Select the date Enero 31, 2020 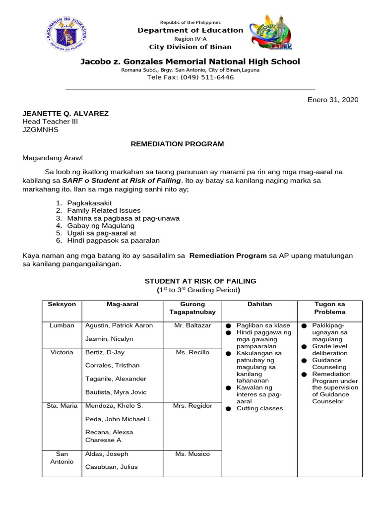pos(332,100)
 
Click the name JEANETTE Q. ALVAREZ pos(65,114)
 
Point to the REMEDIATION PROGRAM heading pos(177,144)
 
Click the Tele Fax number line pos(190,77)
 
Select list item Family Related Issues pos(104,210)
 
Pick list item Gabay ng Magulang pos(101,225)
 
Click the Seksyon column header pos(62,304)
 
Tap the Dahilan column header pos(259,304)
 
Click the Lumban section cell pos(62,325)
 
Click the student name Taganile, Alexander pos(116,379)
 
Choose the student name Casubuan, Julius pos(112,467)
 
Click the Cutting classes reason pos(259,408)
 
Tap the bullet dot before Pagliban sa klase pos(229,326)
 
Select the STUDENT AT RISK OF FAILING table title pos(200,281)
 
